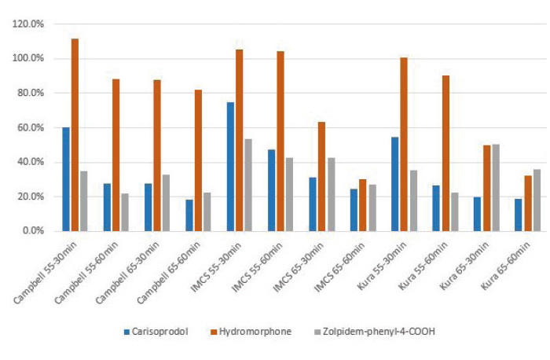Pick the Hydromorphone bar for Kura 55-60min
pos(445,153)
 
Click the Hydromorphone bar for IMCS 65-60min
pos(362,205)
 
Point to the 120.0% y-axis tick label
pos(27,24)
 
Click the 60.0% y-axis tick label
pos(29,128)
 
